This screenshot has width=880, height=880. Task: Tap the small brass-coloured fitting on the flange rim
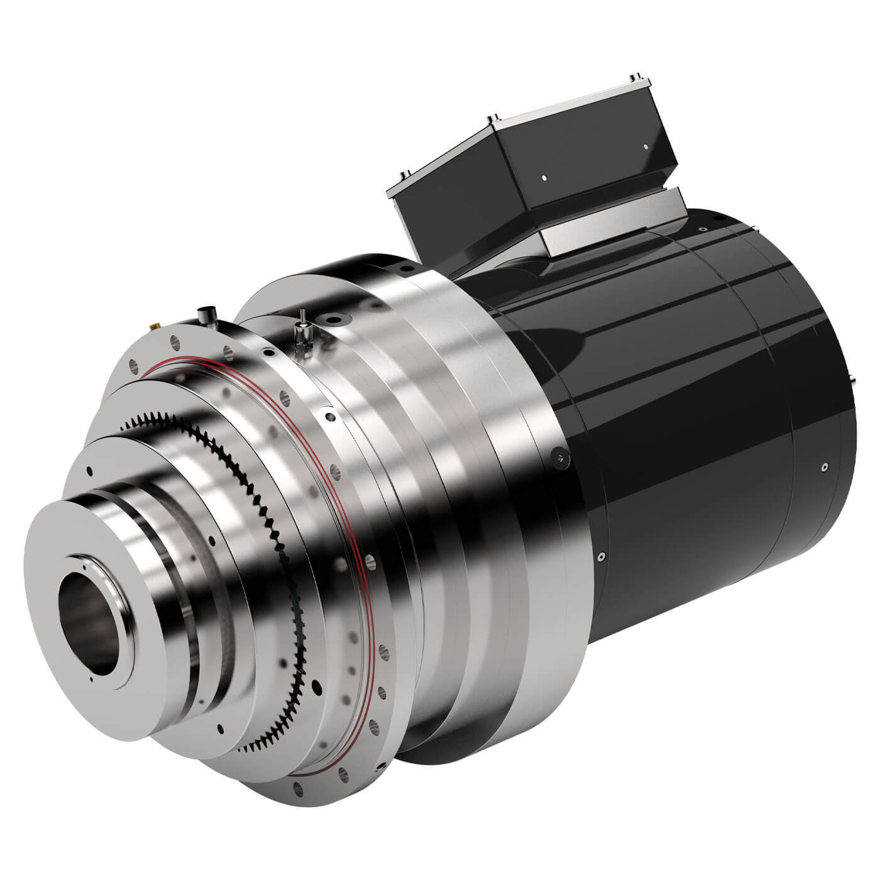[x=153, y=327]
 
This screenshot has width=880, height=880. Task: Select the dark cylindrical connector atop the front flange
[x=204, y=312]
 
